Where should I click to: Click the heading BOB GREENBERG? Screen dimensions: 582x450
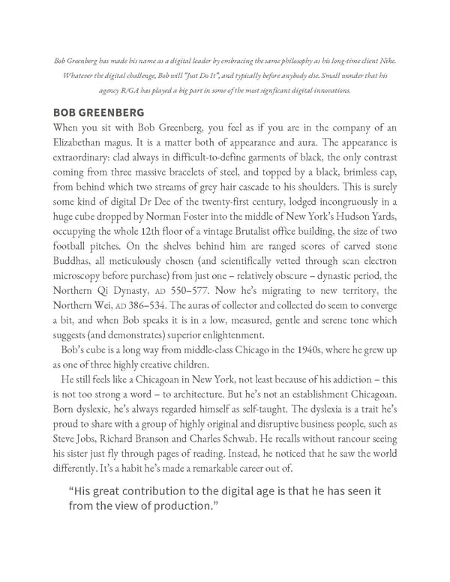coord(99,112)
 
